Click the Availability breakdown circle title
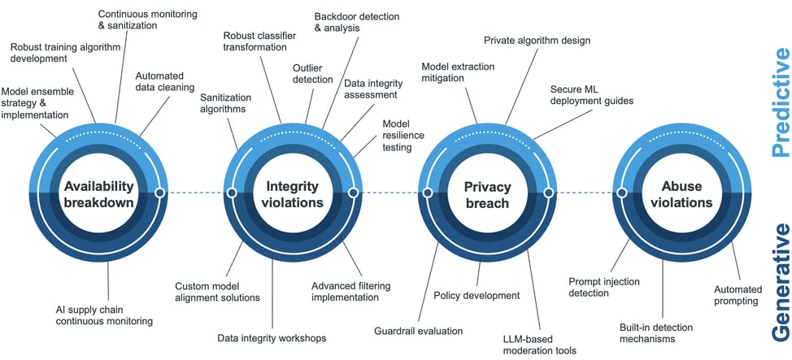coord(98,194)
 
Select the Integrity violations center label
coord(294,194)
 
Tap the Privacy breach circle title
coord(487,194)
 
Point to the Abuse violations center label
coord(681,194)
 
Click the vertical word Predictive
coord(778,90)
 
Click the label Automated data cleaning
coord(165,81)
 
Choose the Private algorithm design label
coord(537,40)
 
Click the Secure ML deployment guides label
coord(591,95)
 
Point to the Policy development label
coord(477,296)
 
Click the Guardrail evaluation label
coord(418,332)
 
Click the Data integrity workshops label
coord(272,337)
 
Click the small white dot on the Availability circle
coord(160,193)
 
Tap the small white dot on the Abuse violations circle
coord(622,193)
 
